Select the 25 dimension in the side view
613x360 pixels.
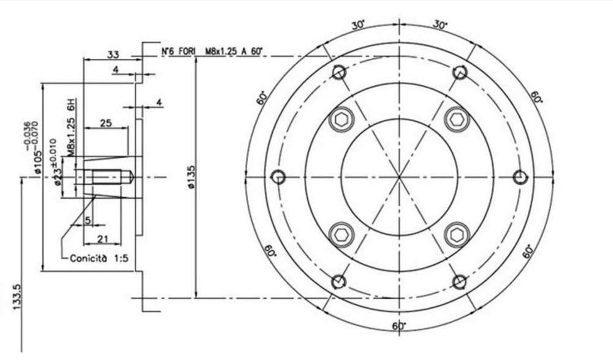coord(105,123)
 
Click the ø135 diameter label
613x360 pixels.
coord(191,178)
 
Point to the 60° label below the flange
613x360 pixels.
coord(398,326)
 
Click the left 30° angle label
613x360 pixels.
coord(359,25)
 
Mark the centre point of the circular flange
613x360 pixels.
coord(399,177)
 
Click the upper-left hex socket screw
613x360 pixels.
coord(341,120)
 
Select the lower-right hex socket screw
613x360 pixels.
coord(457,234)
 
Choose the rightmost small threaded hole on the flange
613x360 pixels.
coord(520,177)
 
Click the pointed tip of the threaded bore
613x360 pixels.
coord(132,177)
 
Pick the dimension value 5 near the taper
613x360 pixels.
coord(88,220)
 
